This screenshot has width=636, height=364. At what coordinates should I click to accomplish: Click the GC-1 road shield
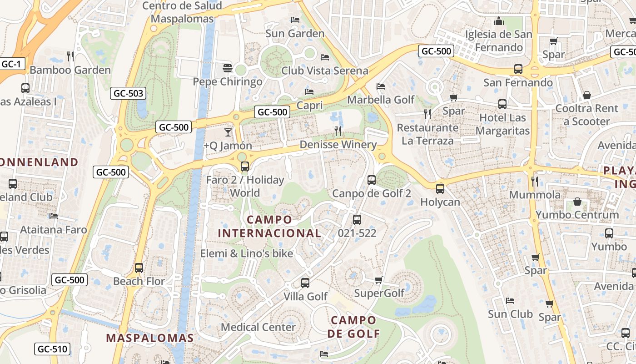[x=12, y=64]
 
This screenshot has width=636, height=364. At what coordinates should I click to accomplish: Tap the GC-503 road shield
[x=128, y=94]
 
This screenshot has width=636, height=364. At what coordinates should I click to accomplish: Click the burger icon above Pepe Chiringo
[x=228, y=69]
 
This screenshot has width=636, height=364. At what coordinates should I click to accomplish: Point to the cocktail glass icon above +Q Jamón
[x=228, y=132]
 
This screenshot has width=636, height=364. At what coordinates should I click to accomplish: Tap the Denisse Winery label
[x=338, y=145]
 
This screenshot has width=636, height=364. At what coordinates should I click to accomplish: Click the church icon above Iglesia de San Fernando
[x=499, y=21]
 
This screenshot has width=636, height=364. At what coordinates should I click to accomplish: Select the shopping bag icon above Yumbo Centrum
[x=577, y=201]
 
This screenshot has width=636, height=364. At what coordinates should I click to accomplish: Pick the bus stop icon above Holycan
[x=440, y=188]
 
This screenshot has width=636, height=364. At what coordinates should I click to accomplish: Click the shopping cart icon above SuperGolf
[x=379, y=280]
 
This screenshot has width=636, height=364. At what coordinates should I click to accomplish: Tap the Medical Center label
[x=258, y=327]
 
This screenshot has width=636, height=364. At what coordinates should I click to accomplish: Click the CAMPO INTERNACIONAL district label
[x=269, y=226]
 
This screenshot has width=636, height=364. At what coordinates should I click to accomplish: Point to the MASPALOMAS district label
[x=150, y=338]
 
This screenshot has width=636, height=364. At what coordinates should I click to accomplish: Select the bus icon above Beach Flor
[x=139, y=268]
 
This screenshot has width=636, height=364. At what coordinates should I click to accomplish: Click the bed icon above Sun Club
[x=510, y=301]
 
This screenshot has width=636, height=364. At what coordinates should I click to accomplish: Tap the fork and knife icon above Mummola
[x=535, y=182]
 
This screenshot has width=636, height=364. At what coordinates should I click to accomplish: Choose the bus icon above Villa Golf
[x=305, y=283]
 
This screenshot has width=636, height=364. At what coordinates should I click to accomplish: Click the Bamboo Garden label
[x=70, y=70]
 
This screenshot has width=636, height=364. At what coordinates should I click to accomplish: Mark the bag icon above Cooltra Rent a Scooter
[x=587, y=95]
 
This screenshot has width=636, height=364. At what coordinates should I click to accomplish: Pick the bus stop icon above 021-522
[x=357, y=220]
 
